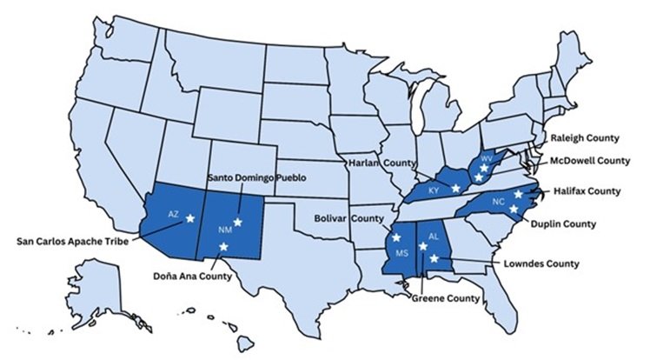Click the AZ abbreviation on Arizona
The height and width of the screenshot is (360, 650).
[174, 213]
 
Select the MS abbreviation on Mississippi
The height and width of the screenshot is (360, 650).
[402, 252]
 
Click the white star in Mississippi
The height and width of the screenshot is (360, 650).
[396, 237]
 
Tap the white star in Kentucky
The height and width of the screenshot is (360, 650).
[455, 188]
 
